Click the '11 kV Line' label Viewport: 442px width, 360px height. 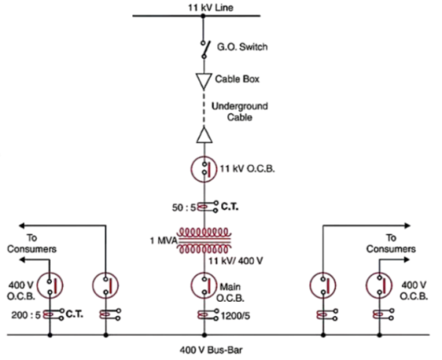click(211, 7)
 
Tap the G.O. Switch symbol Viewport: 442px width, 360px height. click(206, 49)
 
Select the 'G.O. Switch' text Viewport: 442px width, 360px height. click(242, 46)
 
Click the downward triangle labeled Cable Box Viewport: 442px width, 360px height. click(203, 81)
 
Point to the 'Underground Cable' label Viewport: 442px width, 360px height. click(239, 112)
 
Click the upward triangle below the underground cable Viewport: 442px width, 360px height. click(204, 135)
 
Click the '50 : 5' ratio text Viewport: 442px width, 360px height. click(184, 208)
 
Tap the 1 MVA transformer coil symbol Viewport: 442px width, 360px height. click(204, 240)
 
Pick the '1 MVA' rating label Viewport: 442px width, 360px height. click(164, 240)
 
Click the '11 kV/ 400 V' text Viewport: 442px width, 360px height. click(235, 261)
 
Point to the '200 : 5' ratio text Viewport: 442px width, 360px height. click(26, 315)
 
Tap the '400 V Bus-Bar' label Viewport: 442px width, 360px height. click(211, 350)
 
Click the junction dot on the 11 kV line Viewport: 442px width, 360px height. click(203, 16)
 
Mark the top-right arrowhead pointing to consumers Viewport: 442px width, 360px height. click(407, 225)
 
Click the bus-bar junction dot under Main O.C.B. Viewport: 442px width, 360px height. click(204, 335)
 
